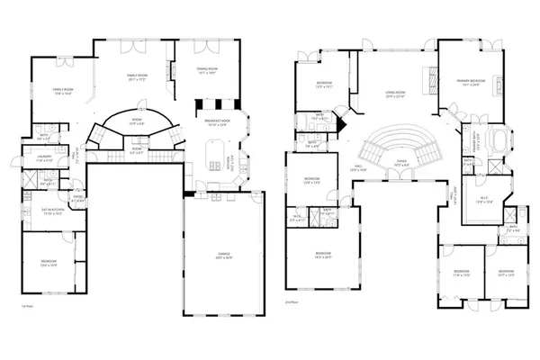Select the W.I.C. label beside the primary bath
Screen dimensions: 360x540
tap(483, 199)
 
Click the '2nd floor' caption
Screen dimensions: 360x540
tap(291, 303)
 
